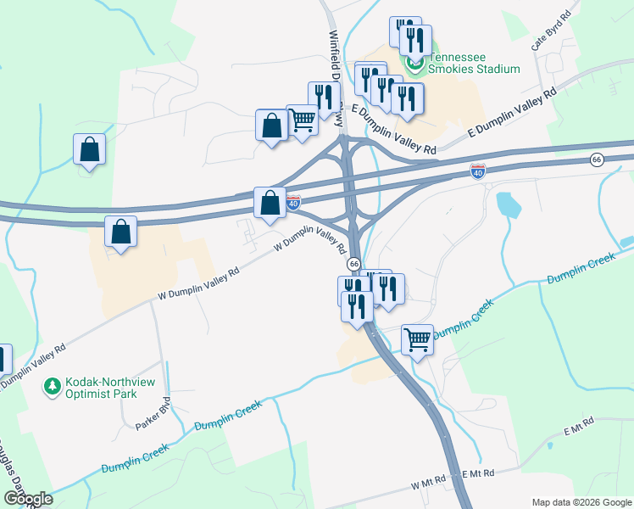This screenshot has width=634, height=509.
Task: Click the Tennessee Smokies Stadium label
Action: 474,63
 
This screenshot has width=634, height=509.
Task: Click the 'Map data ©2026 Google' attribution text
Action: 581,501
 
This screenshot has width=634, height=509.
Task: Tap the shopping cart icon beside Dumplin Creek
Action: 417,339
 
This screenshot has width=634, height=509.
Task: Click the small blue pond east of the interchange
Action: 507,204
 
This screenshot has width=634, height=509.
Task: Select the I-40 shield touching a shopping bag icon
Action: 292,204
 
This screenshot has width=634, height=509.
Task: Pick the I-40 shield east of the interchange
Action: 478,171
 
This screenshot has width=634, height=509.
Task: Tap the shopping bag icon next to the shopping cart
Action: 271,126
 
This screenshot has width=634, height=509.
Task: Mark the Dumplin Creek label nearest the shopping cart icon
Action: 463,322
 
